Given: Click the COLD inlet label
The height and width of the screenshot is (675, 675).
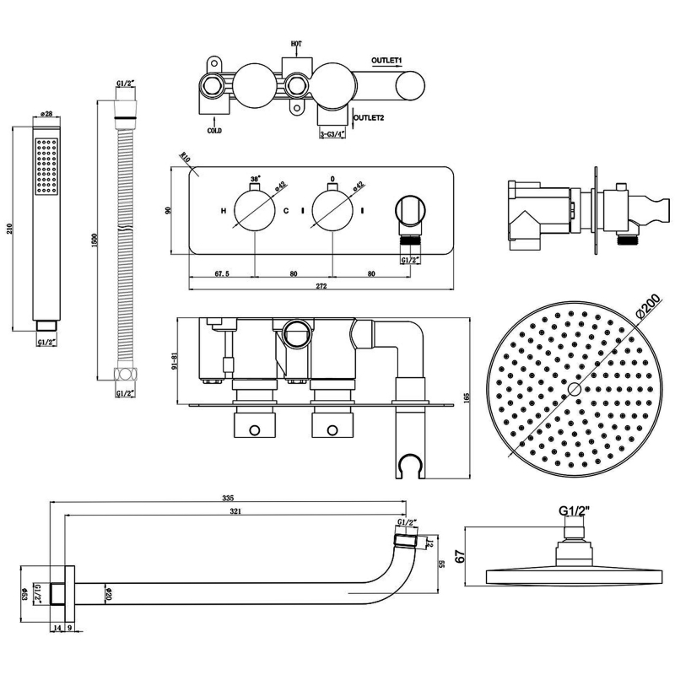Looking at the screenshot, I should point(214,131).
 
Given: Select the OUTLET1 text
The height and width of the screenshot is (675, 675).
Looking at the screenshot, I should point(389,61).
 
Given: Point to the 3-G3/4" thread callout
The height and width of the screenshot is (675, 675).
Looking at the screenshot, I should point(336,132).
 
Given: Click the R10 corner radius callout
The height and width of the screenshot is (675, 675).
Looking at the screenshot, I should point(186,158).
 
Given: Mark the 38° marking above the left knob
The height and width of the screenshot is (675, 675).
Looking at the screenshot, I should point(255,180).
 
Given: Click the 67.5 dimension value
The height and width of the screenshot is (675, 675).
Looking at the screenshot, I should point(223,273).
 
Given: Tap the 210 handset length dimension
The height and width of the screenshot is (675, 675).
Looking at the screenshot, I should point(8,227).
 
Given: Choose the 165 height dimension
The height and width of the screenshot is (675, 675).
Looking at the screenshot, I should point(466,397).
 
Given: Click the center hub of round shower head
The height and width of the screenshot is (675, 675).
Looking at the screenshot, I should point(573,389).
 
